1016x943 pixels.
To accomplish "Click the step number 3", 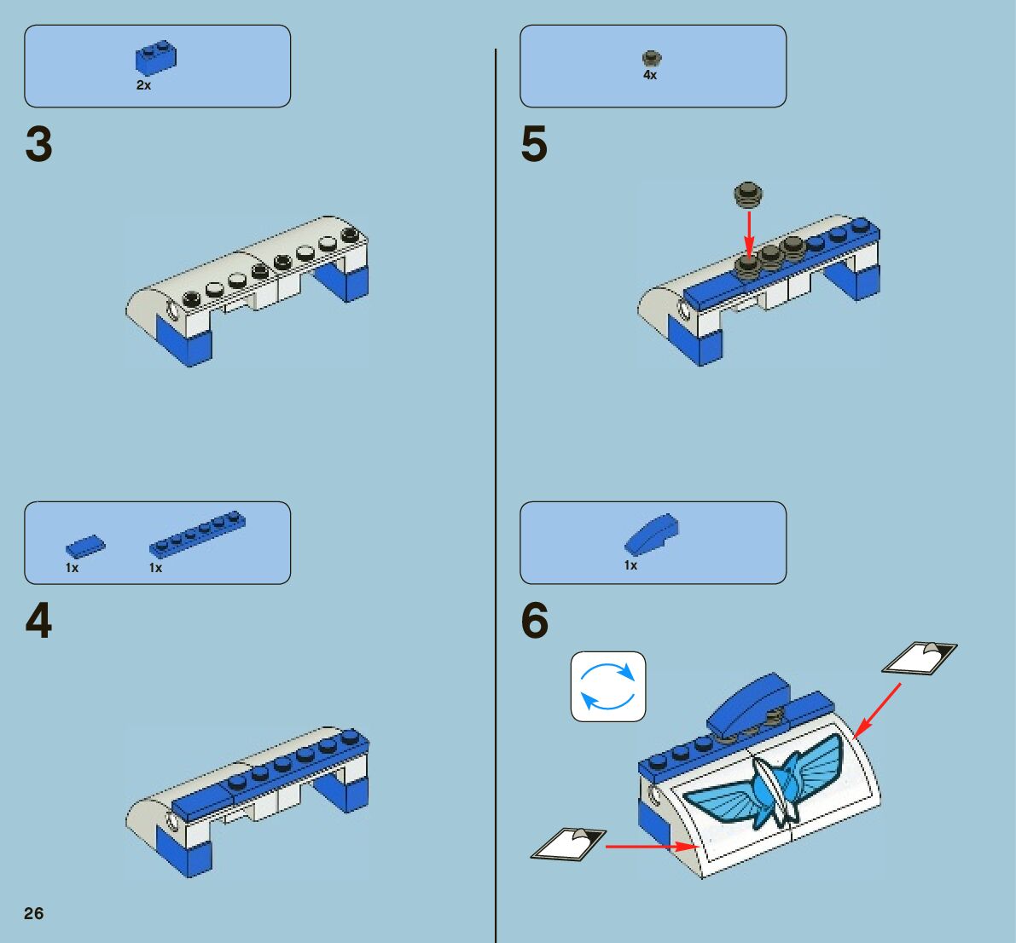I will click(x=39, y=144).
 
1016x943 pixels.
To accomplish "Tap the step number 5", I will click(x=534, y=144).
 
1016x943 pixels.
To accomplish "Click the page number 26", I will click(x=33, y=913).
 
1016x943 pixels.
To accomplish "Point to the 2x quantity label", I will click(x=143, y=85).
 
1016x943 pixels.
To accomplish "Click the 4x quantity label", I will click(x=650, y=75).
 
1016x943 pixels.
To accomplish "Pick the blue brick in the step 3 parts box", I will click(x=155, y=59).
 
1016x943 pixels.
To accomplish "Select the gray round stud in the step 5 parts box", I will click(x=652, y=59).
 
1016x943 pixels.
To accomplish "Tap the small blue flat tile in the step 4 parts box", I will click(x=86, y=546).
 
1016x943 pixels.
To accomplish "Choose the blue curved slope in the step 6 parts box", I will click(x=652, y=535).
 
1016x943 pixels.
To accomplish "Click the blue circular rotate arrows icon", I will click(x=608, y=686).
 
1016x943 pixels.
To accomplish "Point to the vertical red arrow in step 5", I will click(x=749, y=230).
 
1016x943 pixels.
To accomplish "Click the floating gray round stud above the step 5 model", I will click(x=749, y=194).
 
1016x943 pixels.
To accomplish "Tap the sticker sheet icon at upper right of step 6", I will click(x=920, y=658).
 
